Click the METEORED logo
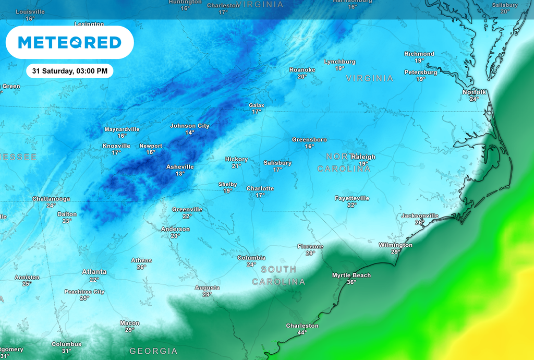point(69,42)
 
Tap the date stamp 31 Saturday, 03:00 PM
point(69,70)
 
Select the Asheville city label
point(180,167)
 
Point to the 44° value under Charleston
point(302,332)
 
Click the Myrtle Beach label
point(351,275)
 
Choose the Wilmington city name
point(395,245)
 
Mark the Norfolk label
point(474,92)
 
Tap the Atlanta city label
point(94,272)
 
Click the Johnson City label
point(190,126)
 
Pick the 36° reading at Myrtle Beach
point(351,282)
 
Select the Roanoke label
point(302,70)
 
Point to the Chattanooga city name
point(51,199)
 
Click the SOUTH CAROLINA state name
point(278,275)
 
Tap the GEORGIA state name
point(153,351)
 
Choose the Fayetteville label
point(352,198)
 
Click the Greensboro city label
point(309,140)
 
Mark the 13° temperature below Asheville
point(180,174)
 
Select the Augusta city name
point(207,287)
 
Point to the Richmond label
point(419,54)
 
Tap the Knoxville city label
point(116,146)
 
